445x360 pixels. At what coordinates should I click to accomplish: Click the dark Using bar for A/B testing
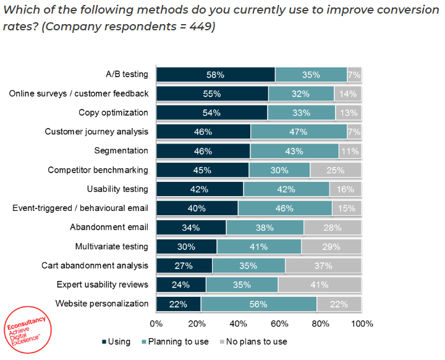coord(215,75)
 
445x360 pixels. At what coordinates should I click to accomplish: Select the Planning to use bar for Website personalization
coord(258,304)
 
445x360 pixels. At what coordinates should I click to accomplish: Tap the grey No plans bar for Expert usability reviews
coord(320,285)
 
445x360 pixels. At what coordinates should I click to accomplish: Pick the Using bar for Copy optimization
coord(211,113)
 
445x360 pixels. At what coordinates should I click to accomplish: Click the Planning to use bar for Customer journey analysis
coord(299,132)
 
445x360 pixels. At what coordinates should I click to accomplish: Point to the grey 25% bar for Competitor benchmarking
coord(336,170)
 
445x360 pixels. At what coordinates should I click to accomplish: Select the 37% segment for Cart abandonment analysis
coord(323,265)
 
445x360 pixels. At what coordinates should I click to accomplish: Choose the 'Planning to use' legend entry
coord(175,341)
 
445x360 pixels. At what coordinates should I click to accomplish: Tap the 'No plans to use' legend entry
coord(253,341)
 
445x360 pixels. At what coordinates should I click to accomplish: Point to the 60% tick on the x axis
coord(279,324)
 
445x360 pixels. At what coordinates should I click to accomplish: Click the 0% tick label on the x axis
coord(156,324)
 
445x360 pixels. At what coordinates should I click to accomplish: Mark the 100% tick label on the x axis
coord(362,324)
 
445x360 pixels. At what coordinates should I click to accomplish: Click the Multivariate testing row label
coord(112,246)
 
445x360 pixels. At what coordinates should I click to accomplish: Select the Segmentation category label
coord(121,151)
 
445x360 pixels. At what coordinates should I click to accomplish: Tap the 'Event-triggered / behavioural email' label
coord(80,208)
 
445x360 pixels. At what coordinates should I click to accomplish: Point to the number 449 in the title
coord(198,28)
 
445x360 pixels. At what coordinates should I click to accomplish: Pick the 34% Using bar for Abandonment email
coord(191,227)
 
